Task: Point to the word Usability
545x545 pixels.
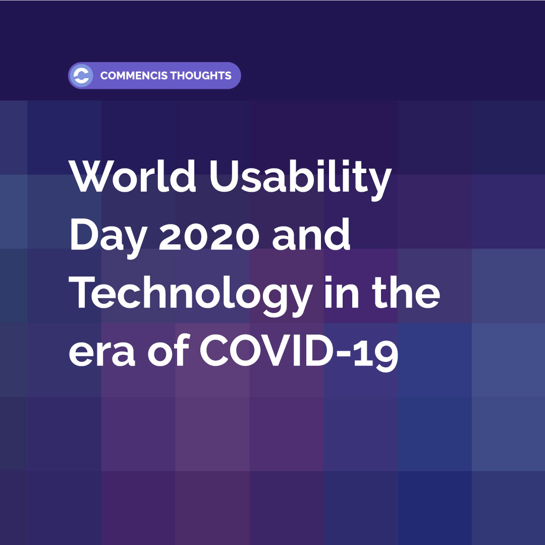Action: point(301,180)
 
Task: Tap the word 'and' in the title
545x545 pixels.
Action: point(311,234)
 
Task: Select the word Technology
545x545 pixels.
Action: point(190,295)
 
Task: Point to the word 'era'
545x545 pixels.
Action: point(102,353)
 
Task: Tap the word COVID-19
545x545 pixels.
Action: point(299,351)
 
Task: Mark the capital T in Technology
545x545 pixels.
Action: point(82,292)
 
